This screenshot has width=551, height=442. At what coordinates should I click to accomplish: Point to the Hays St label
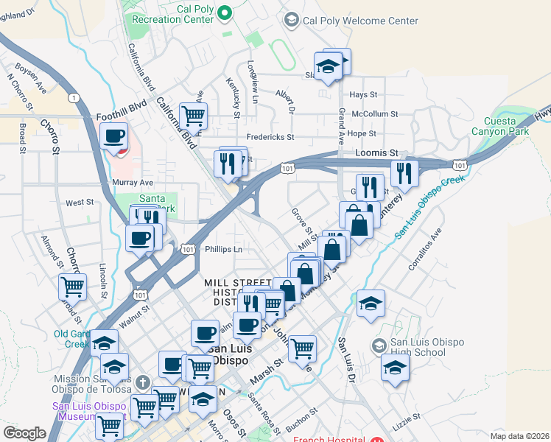point(363,95)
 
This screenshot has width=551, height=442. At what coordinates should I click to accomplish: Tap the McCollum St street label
point(374,114)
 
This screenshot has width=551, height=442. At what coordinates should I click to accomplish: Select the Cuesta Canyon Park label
point(506,126)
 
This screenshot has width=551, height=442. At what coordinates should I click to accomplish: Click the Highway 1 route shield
point(73,97)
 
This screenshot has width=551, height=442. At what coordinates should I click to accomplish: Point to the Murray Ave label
point(112,182)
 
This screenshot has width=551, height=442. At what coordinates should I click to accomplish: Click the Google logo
point(24,433)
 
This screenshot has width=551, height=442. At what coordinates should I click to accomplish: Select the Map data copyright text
point(519,436)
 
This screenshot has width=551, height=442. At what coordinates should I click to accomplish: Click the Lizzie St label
point(427,417)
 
